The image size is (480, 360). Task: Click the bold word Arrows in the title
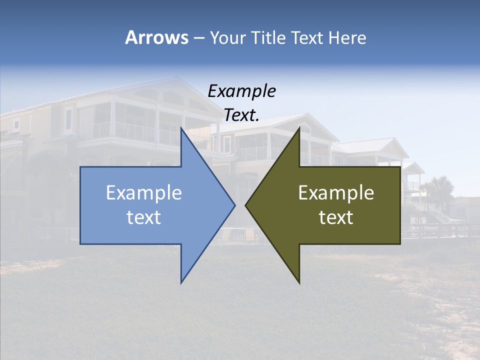tap(156, 37)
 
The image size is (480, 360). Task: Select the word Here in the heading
tap(347, 37)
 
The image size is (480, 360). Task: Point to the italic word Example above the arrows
tap(242, 91)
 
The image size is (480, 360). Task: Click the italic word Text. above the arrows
tap(242, 115)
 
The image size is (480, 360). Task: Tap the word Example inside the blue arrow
tap(144, 193)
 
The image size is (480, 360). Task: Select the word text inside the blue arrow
tap(144, 217)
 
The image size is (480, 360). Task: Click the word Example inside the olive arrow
tap(336, 193)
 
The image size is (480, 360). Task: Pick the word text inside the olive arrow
tap(336, 217)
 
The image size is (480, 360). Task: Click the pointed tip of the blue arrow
tap(234, 204)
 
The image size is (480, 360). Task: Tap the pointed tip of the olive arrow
tap(246, 204)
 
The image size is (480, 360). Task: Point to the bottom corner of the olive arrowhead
tap(299, 283)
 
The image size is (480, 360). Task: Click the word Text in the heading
tap(307, 37)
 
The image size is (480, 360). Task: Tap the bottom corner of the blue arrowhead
tap(181, 282)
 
